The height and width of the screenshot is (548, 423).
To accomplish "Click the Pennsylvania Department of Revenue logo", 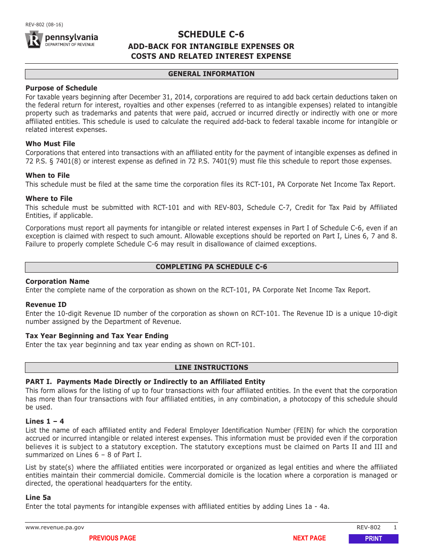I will point(61,40).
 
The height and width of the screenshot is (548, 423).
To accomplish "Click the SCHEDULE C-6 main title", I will point(211,34).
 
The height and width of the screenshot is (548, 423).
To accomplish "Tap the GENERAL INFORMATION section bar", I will point(211,74).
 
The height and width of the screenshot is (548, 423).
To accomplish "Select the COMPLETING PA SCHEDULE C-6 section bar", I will point(211,267).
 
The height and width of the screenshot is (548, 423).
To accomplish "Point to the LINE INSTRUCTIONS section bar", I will point(211,368).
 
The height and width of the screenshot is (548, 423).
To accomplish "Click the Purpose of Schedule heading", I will point(61,88).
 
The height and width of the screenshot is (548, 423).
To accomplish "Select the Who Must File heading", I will point(50,144).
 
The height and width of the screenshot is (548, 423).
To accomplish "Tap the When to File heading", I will point(48,176).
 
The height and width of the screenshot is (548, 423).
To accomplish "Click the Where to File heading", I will point(49,199).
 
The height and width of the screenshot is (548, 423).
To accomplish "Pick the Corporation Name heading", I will point(57,282).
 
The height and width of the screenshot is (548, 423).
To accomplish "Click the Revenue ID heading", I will point(46,305).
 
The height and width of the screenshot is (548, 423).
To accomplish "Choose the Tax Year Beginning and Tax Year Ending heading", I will point(97,336).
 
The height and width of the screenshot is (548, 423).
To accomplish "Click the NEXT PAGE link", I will point(309,538).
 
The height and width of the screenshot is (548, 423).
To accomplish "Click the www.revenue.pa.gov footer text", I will point(55,528).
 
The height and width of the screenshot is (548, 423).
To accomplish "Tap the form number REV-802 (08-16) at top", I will point(44,25).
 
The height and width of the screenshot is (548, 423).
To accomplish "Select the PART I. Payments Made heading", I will point(145,382).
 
